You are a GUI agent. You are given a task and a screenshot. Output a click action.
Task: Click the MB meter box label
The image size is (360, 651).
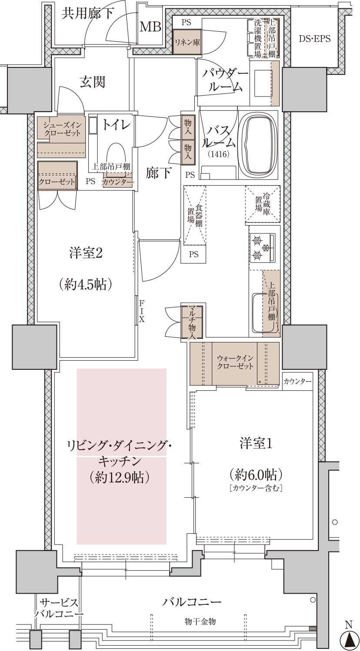click(150, 27)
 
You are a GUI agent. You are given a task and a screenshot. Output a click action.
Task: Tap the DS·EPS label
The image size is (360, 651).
click(315, 39)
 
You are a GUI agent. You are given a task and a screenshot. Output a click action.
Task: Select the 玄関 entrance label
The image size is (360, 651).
click(93, 82)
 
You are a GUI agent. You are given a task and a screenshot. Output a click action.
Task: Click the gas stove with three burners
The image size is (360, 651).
click(262, 247)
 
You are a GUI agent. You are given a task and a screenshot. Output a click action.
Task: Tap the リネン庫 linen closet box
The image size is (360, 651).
click(187, 42)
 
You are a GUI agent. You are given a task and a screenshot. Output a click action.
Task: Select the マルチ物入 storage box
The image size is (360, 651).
click(192, 322)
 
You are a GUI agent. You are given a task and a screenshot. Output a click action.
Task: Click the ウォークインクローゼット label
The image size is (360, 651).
click(235, 362)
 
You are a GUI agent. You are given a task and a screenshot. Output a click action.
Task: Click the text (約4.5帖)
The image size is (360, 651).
click(85, 285)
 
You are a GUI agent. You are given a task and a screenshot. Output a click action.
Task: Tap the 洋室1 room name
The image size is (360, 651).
click(256, 444)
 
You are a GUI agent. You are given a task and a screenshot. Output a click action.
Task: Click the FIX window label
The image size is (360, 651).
click(142, 312)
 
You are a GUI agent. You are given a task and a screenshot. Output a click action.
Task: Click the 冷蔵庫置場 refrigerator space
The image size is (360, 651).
click(263, 204)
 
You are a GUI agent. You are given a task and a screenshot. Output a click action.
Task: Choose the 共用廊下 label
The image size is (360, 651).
click(88, 13)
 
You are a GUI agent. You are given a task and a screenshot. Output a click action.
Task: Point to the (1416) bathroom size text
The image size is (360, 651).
click(219, 154)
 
